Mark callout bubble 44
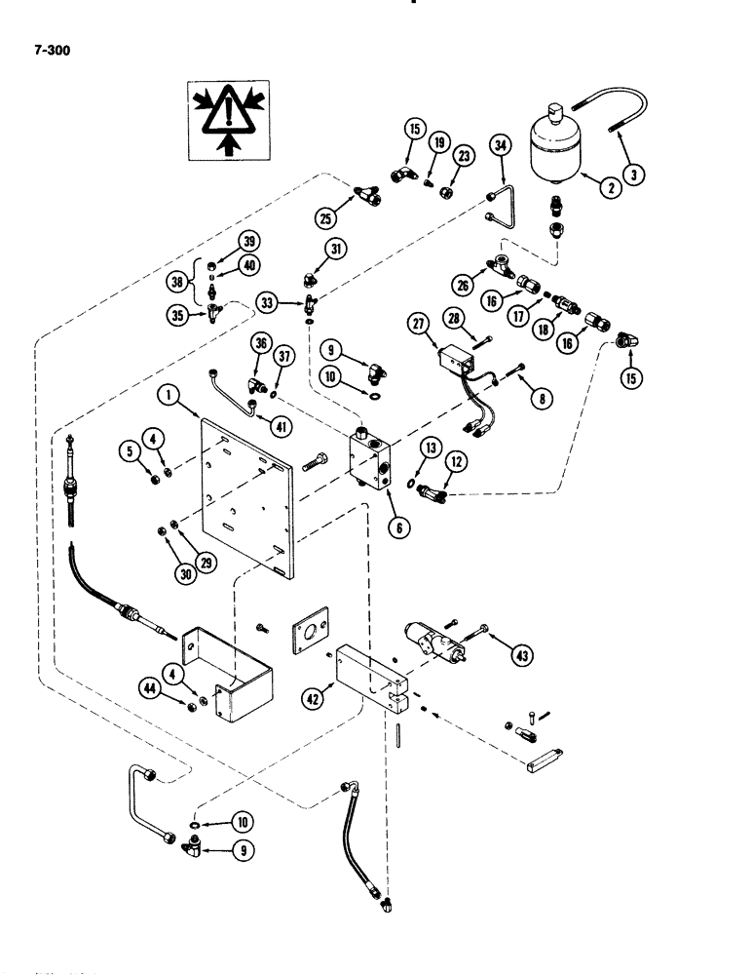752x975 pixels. [175, 689]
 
